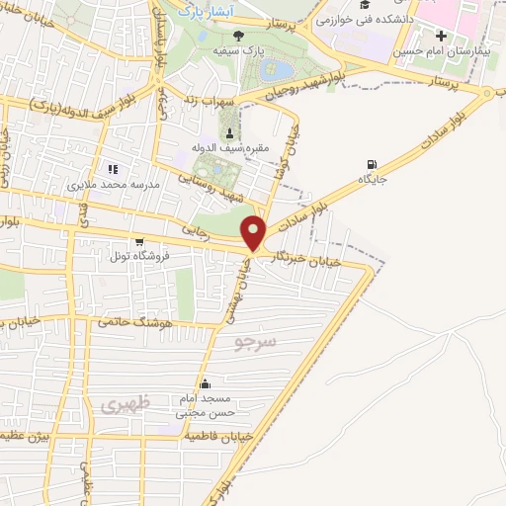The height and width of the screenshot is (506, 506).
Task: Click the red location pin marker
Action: pyautogui.click(x=255, y=232)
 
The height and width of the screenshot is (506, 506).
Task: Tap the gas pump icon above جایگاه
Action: pyautogui.click(x=371, y=164)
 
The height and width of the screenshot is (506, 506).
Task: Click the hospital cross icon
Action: pyautogui.click(x=440, y=37)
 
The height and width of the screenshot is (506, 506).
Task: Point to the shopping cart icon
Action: pyautogui.click(x=139, y=241)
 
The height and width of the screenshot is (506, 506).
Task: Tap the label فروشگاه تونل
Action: pyautogui.click(x=139, y=256)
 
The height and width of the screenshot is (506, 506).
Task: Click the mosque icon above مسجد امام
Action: pyautogui.click(x=205, y=384)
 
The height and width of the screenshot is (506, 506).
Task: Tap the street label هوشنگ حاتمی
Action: pyautogui.click(x=135, y=322)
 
